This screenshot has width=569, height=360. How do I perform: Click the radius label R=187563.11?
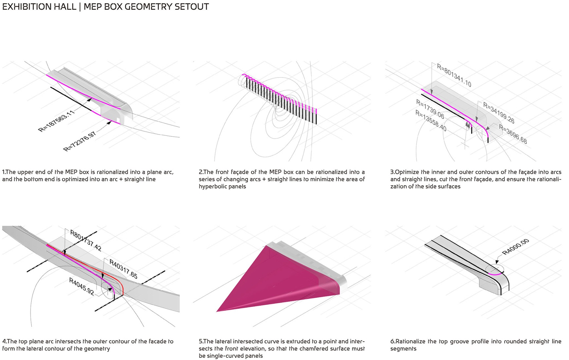coord(57,121)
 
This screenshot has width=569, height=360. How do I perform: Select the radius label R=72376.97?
coord(80,141)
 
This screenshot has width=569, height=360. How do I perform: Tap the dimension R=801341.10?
coord(454,76)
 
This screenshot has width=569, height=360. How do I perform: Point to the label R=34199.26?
coord(499,113)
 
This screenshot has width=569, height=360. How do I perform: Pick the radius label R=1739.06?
coord(430,109)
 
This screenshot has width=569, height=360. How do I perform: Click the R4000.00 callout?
coord(515,247)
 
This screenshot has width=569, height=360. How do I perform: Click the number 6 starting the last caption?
coord(392,341)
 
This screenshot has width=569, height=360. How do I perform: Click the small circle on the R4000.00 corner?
coord(494,270)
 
